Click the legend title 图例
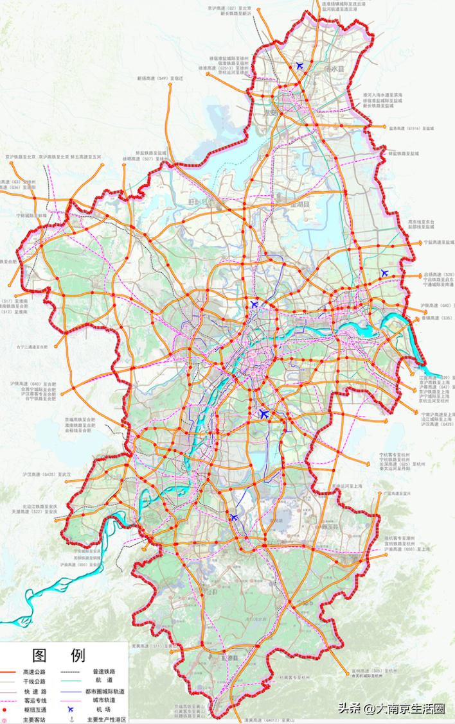tap(58, 655)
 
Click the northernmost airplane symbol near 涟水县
tap(299, 65)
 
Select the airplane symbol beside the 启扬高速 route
tap(384, 273)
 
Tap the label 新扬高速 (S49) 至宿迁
tap(160, 78)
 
